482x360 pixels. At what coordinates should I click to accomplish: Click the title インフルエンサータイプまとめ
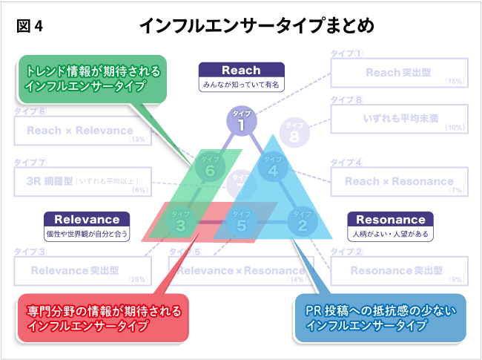256,25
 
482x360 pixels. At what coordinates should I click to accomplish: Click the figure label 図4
30,26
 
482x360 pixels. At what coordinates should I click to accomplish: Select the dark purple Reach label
242,71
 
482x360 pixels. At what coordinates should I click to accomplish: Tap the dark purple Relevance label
87,220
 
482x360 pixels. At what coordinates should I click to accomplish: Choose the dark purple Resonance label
390,220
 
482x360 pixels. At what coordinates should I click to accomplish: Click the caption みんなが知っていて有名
242,85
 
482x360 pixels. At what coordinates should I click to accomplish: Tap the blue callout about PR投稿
380,318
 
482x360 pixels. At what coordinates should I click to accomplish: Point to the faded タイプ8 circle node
294,133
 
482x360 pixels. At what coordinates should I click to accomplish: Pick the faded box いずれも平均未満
399,119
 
